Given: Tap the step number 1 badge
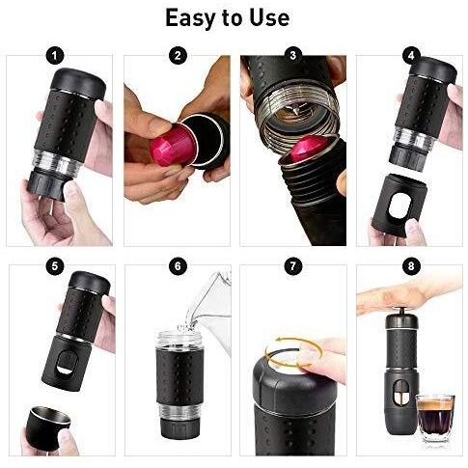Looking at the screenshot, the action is click(x=55, y=56).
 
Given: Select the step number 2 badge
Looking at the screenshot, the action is click(x=178, y=55).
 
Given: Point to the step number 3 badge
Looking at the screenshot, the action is click(x=292, y=55).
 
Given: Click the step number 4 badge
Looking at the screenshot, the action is click(x=411, y=56).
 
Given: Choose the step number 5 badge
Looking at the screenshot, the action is click(x=55, y=266).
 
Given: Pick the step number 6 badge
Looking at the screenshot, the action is click(x=178, y=266).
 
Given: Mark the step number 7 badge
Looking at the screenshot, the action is click(x=292, y=266).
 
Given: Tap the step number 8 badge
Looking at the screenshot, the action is click(x=411, y=266).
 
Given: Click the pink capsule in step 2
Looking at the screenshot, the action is click(x=171, y=145).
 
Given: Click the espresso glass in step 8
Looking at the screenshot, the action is click(x=435, y=418).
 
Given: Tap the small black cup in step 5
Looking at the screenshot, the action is click(x=48, y=427).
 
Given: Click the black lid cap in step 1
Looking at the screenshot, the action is click(x=79, y=83).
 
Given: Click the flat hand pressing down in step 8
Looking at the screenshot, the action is click(x=408, y=295).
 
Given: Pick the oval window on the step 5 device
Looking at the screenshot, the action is click(x=68, y=363).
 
